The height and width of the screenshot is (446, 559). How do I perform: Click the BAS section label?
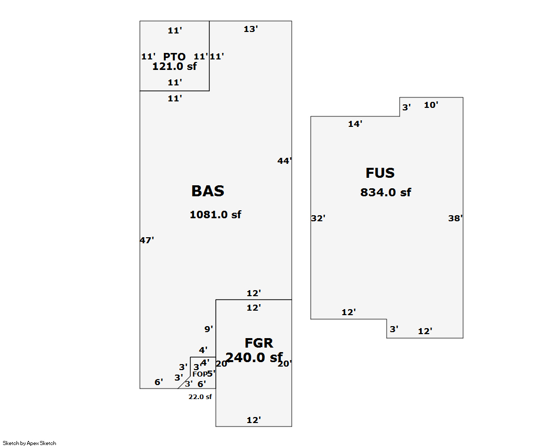208,191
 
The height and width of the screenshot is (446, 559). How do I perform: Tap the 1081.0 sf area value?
215,215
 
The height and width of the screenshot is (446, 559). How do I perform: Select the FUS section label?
380,173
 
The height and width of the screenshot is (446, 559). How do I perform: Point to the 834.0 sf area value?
386,192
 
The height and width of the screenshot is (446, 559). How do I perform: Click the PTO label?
174,57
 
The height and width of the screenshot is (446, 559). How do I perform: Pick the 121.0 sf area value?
174,66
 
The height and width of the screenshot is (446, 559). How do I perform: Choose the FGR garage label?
259,343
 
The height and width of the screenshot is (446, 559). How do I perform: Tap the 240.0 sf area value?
254,358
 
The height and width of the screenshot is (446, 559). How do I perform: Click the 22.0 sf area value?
200,397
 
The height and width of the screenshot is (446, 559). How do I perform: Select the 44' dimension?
284,161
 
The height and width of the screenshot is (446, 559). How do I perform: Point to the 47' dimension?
146,240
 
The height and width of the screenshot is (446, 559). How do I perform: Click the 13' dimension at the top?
250,29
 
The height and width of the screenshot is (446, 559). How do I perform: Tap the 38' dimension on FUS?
455,218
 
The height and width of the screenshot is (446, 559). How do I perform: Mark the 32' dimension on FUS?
318,218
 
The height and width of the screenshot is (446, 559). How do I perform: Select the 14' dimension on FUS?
355,124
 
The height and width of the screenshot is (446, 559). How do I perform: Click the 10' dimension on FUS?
431,105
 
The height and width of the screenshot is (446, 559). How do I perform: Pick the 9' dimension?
208,329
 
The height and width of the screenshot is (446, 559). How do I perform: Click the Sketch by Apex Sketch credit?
29,443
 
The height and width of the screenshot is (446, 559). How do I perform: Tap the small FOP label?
199,374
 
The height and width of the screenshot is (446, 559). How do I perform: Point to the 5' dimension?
211,373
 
